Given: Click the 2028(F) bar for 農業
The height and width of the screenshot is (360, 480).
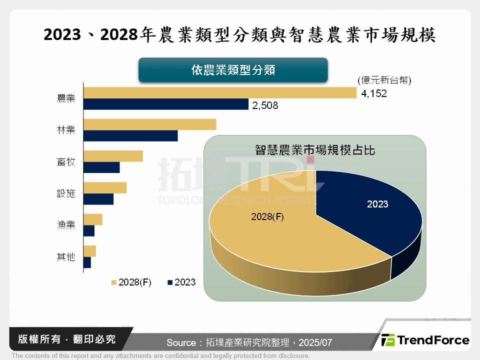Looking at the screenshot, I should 220,93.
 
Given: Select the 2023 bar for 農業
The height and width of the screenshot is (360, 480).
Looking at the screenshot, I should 166,104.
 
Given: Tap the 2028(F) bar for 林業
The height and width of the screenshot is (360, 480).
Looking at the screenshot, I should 150,124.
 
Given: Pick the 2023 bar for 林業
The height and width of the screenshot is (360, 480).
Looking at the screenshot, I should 130,136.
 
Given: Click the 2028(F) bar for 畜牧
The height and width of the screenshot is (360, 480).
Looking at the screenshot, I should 113,156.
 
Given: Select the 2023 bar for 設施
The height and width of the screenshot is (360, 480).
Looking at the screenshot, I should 98,199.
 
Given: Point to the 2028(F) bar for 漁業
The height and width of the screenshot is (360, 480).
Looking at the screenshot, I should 93,219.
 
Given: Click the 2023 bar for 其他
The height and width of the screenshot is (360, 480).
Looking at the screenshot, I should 87,262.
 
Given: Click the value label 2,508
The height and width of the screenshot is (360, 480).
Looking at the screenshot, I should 265,105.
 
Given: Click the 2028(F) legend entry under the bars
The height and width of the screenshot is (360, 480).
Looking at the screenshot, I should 131,282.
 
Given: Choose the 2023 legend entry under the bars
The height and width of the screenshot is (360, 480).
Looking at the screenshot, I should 182,282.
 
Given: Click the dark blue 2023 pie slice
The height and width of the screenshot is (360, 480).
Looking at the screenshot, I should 370,210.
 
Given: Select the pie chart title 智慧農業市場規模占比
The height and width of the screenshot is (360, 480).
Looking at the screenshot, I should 315,149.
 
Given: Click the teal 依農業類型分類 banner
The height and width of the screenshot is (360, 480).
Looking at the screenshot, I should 233,70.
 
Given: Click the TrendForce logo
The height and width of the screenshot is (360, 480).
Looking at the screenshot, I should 425,340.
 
